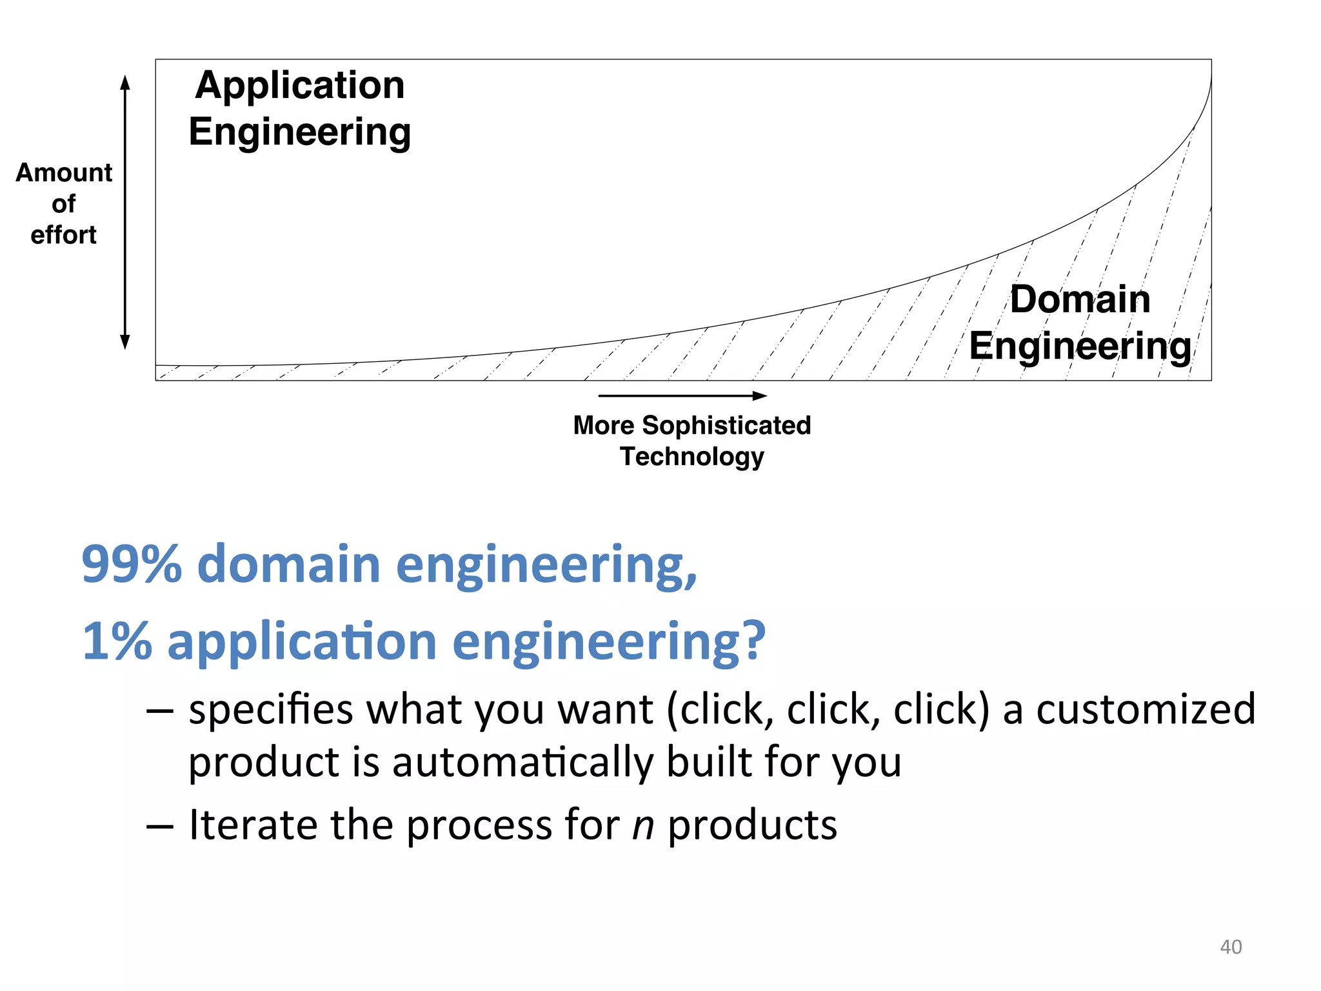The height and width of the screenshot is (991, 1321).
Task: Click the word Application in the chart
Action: [x=300, y=86]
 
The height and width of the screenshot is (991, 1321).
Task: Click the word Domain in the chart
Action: [x=1080, y=299]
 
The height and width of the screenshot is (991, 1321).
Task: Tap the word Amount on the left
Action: [x=64, y=173]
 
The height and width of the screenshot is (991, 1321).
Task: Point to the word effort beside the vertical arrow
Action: [x=63, y=235]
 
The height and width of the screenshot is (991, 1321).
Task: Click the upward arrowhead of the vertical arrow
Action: [x=125, y=82]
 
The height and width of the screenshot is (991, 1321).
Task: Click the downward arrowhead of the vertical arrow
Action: [x=125, y=343]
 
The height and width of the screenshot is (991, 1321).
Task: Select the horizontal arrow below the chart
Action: [x=682, y=395]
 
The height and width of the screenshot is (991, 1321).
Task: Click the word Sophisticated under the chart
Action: [x=726, y=426]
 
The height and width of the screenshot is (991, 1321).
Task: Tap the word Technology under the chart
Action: [x=692, y=457]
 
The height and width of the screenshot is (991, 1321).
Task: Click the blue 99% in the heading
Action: [x=132, y=564]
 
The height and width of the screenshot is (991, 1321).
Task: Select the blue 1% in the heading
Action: [x=117, y=641]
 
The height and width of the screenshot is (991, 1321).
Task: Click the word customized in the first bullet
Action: [x=1146, y=709]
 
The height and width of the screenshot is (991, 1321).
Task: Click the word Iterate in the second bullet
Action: [x=253, y=825]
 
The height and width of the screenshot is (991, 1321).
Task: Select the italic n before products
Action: [x=643, y=826]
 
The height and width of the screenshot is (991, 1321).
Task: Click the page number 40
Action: [x=1231, y=946]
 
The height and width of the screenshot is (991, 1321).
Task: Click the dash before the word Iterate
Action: [x=159, y=826]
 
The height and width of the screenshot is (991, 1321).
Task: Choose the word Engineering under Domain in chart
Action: [x=1080, y=346]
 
